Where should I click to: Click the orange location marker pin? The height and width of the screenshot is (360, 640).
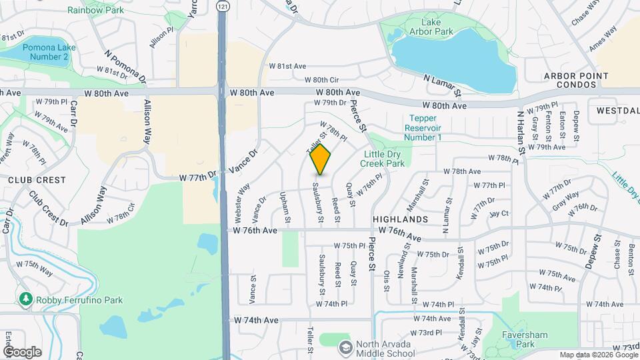point(321,159)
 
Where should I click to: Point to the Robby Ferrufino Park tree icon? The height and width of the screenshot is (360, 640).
point(26,300)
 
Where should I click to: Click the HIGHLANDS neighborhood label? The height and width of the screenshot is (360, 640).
point(400,219)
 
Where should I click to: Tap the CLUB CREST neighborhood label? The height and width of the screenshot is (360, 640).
point(37,180)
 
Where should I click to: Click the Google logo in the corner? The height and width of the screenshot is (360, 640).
point(22,351)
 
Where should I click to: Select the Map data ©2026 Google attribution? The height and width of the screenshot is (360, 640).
point(598,355)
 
